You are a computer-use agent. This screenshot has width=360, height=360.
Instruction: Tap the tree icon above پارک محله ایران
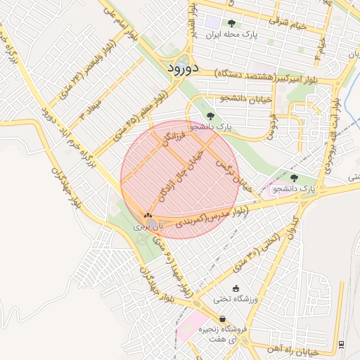pos(231,23)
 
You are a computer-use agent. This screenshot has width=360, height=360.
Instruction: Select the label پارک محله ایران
pos(233,34)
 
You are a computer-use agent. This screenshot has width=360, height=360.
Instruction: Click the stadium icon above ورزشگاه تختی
pos(236,288)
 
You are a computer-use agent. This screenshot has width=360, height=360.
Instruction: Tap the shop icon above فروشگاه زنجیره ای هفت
pos(223,319)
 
